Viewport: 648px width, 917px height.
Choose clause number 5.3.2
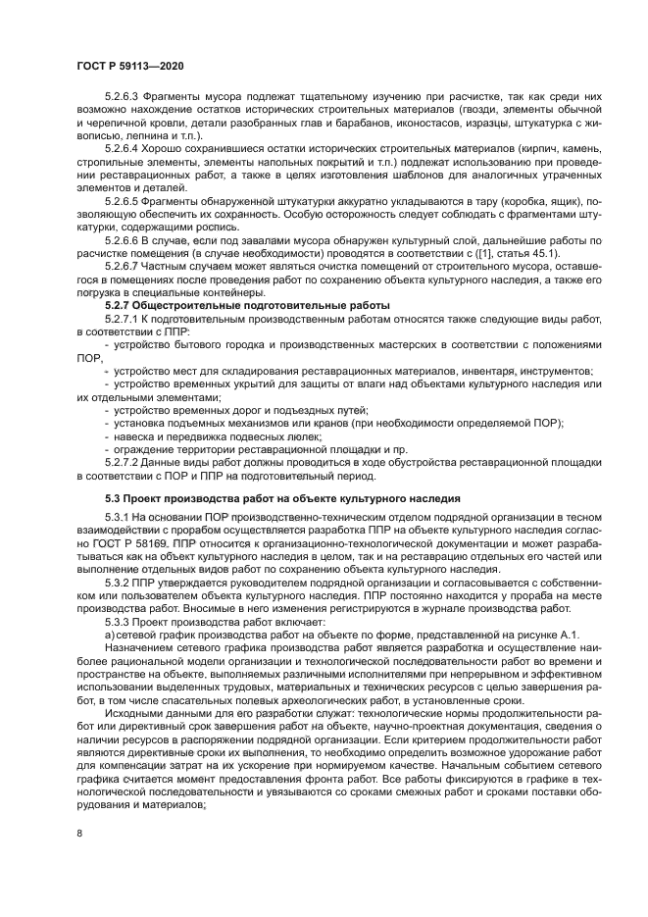(x=119, y=582)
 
